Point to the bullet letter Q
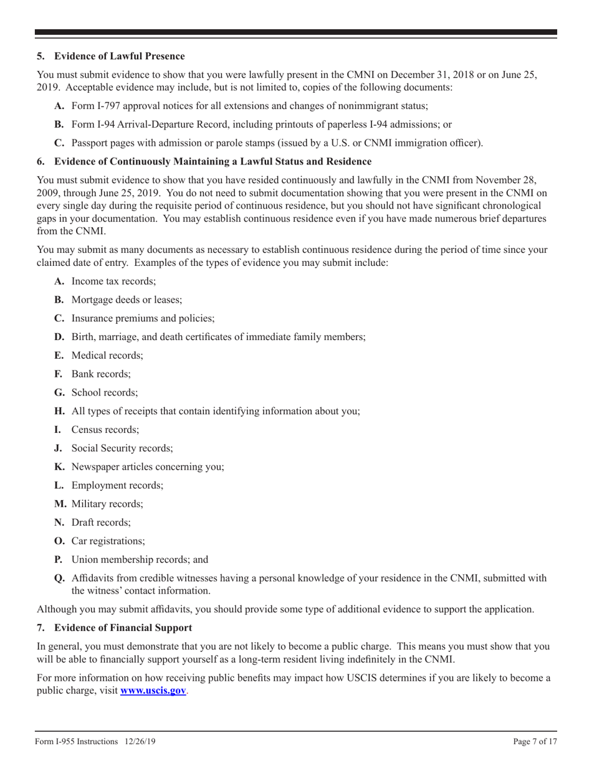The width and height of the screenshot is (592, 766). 59,578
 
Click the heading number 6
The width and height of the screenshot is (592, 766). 40,162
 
